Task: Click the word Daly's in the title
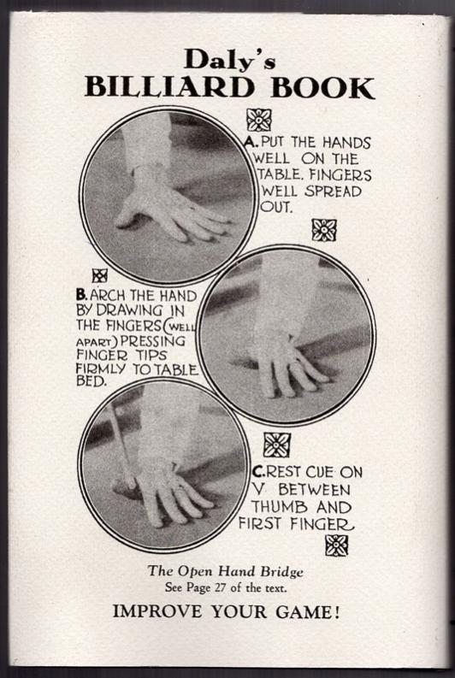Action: tap(230, 59)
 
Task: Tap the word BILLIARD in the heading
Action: tap(170, 87)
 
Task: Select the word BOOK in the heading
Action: tap(322, 88)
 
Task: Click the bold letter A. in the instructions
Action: tap(251, 142)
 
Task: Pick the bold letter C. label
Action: tap(258, 471)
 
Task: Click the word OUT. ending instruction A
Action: tap(276, 206)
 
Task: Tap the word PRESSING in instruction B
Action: tap(153, 341)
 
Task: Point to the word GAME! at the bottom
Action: tap(307, 612)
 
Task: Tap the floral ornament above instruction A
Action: tap(259, 120)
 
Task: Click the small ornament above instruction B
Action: tap(100, 275)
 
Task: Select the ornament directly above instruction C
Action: tap(277, 445)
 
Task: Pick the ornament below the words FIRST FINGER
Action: tap(336, 545)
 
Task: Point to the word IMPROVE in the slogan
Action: tap(157, 612)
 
